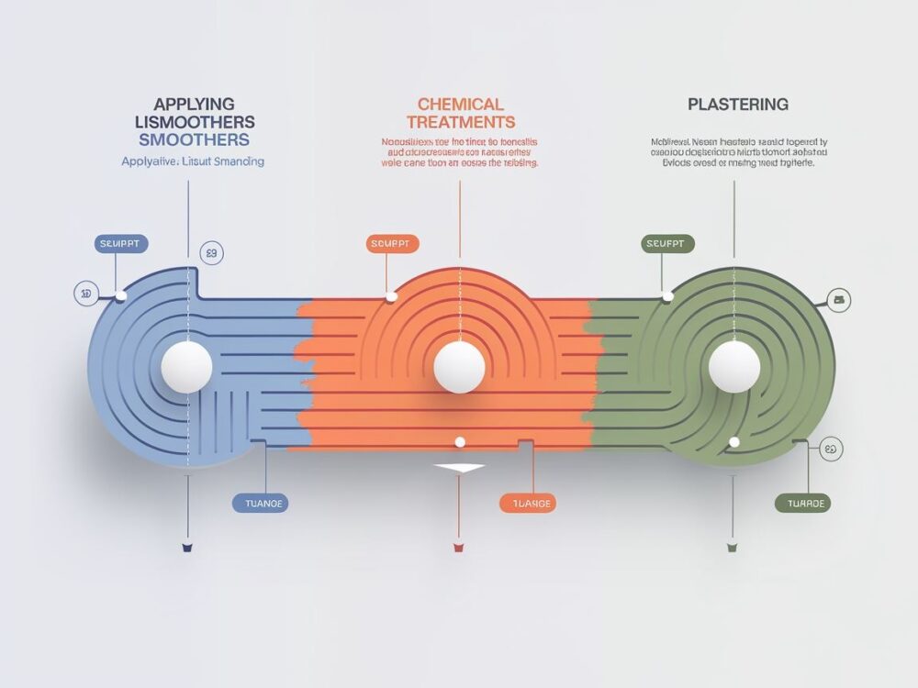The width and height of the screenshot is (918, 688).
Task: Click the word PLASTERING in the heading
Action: (x=737, y=105)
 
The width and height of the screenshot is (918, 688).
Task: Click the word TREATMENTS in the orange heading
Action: (x=460, y=122)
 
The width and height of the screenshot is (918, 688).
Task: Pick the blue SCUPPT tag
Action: (x=121, y=244)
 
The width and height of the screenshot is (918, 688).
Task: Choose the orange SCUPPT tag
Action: (x=393, y=244)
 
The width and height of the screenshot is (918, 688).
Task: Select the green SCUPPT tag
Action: (x=667, y=244)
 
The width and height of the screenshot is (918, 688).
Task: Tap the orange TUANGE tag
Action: (x=527, y=503)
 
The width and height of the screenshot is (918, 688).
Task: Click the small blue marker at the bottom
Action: (x=187, y=548)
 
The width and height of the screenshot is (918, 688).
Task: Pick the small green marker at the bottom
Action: (x=732, y=548)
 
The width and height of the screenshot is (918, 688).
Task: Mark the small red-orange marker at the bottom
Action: (x=458, y=548)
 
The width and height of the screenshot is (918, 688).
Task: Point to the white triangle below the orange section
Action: (x=459, y=468)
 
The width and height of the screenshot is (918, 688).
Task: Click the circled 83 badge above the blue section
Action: (x=211, y=253)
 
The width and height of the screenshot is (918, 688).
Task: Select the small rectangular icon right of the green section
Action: (x=839, y=299)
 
